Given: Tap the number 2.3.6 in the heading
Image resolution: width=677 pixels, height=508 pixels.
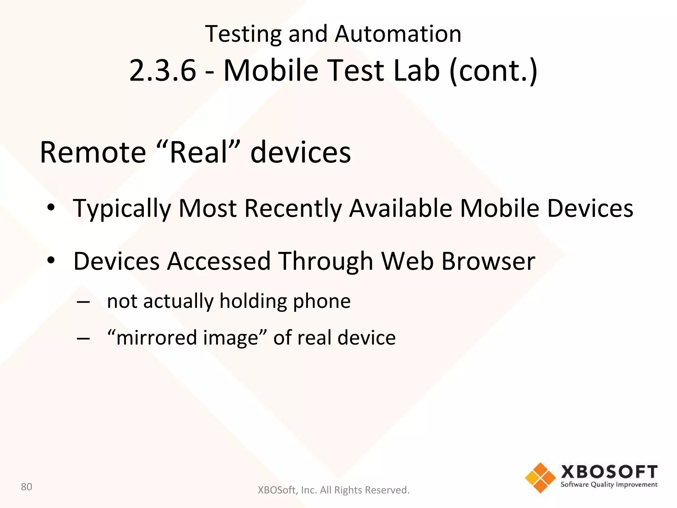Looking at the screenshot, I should click(162, 70).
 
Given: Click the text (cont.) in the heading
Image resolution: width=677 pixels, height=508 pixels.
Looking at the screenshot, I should click(493, 71).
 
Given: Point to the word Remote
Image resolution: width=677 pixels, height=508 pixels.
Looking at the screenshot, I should click(93, 152).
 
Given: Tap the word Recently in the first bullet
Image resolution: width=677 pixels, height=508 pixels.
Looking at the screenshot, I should click(293, 209).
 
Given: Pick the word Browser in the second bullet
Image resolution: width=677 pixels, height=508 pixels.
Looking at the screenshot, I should click(488, 261).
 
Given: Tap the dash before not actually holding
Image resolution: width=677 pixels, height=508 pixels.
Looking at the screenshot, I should click(83, 302).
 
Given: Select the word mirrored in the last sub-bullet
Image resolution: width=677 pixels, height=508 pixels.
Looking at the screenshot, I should click(154, 338).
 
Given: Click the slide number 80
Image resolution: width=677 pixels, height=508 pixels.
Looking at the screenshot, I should click(26, 487).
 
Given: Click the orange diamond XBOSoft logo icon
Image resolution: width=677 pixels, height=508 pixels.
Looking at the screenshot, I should click(540, 478).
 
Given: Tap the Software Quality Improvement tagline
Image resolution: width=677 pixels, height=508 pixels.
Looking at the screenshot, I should click(609, 485).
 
